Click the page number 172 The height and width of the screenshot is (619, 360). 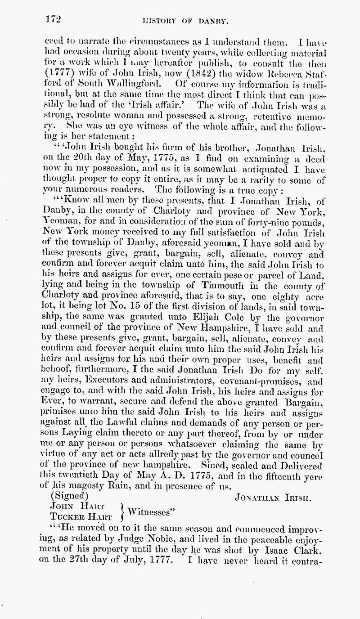pos(53,19)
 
